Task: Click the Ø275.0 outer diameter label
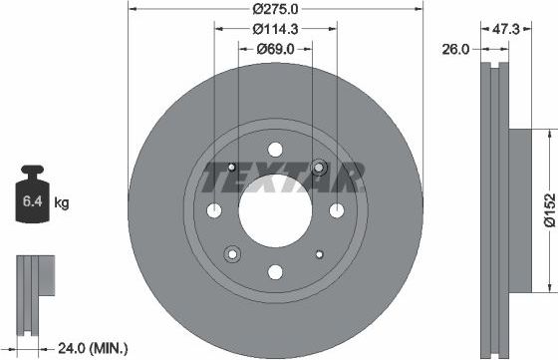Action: click(276, 8)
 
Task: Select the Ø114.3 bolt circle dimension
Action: click(275, 29)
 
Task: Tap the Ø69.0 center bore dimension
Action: click(275, 48)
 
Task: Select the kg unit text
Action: click(62, 203)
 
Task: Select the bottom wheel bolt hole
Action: click(275, 270)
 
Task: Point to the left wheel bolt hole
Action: click(215, 209)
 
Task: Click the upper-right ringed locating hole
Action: click(319, 167)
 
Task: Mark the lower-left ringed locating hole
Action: click(231, 252)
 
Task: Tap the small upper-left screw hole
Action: click(232, 167)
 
